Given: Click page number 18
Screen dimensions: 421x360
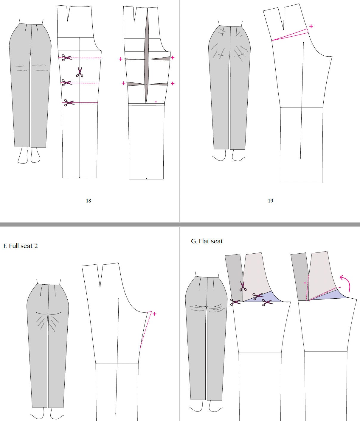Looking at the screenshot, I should pyautogui.click(x=89, y=201).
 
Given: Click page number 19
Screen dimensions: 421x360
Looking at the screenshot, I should pyautogui.click(x=270, y=201).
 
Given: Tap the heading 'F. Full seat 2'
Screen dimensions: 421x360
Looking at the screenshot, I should pyautogui.click(x=21, y=246).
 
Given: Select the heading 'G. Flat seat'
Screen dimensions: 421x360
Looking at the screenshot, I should pyautogui.click(x=207, y=241).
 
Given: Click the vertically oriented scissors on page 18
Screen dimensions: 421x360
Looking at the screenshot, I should pyautogui.click(x=80, y=72).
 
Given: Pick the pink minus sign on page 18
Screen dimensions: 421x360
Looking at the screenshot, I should pyautogui.click(x=156, y=102).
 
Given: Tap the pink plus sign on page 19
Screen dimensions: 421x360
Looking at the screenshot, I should pyautogui.click(x=311, y=26).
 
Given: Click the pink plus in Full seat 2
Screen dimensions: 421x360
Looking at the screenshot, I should pyautogui.click(x=154, y=314).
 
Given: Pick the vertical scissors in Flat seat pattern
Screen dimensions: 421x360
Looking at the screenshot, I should pyautogui.click(x=243, y=286).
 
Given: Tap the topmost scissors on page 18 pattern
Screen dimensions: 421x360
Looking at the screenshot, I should pyautogui.click(x=67, y=57).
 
